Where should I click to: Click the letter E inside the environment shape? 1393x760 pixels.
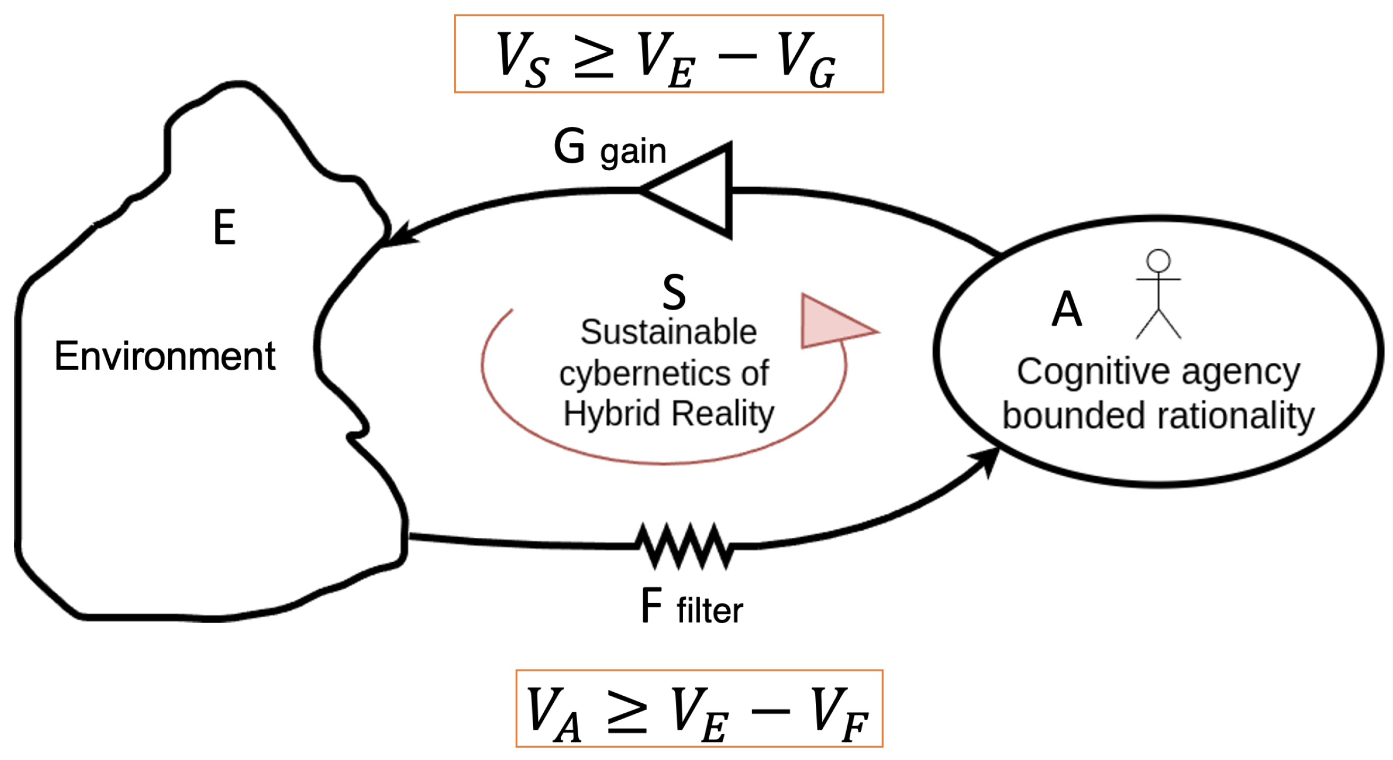pos(224,227)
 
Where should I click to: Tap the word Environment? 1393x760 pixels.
pos(165,356)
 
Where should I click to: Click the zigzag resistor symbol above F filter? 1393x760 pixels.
pos(684,546)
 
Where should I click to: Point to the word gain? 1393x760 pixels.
pos(633,152)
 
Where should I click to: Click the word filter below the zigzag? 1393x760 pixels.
pos(709,610)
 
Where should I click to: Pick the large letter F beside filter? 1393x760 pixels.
pos(651,606)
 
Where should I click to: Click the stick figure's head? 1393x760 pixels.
pos(1159,260)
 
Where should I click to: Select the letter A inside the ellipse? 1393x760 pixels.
pos(1066,309)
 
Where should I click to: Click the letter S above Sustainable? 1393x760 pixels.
pos(674,292)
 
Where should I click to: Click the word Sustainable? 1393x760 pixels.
pos(668,332)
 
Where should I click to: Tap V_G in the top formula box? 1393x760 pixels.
pos(806,59)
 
